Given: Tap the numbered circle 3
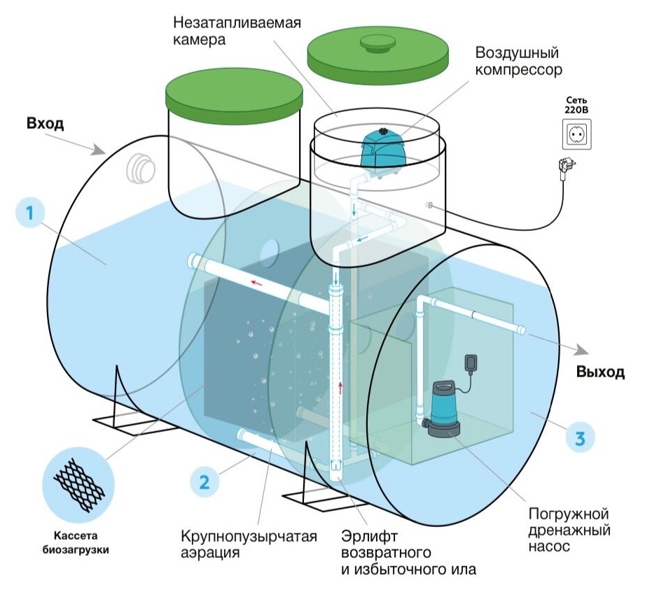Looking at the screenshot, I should coord(578,439).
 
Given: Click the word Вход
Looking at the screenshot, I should coord(46,125).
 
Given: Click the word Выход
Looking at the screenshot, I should coord(600,372).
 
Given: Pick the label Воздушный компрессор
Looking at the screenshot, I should coord(519,62).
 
